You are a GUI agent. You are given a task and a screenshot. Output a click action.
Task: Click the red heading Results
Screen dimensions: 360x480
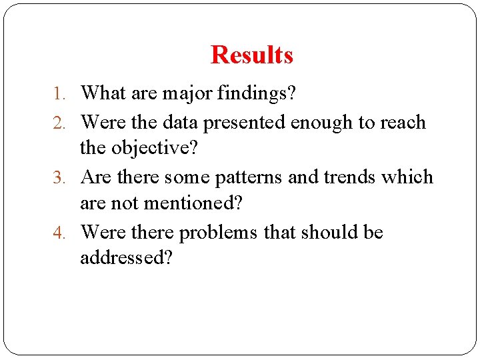252,55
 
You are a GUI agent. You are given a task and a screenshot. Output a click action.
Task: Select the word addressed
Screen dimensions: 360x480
126,257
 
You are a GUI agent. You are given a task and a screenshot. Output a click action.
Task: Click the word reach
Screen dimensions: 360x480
402,123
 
